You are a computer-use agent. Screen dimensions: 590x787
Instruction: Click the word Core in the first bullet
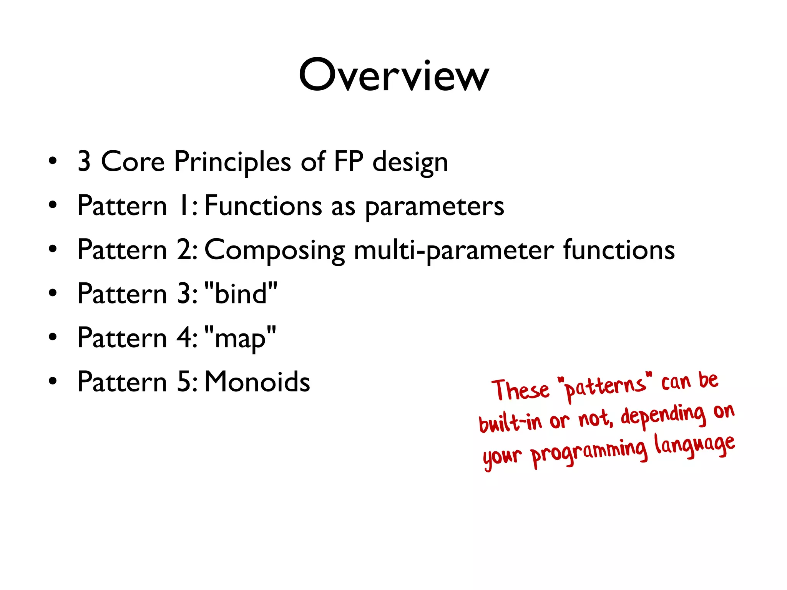pyautogui.click(x=133, y=161)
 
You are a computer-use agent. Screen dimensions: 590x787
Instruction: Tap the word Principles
pyautogui.click(x=232, y=162)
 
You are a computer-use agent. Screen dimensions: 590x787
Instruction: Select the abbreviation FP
pyautogui.click(x=349, y=161)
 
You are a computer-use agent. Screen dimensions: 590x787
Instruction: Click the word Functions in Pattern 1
pyautogui.click(x=263, y=206)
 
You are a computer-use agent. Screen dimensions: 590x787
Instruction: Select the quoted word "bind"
pyautogui.click(x=241, y=293)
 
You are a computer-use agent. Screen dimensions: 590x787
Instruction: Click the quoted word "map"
pyautogui.click(x=240, y=338)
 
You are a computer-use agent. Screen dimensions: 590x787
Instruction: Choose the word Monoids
pyautogui.click(x=257, y=382)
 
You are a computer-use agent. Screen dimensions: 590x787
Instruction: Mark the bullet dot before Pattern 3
pyautogui.click(x=53, y=293)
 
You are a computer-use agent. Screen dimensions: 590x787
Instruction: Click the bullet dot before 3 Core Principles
pyautogui.click(x=53, y=161)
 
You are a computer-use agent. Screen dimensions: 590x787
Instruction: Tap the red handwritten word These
pyautogui.click(x=521, y=390)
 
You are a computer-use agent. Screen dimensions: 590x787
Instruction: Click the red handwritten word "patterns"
pyautogui.click(x=605, y=386)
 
